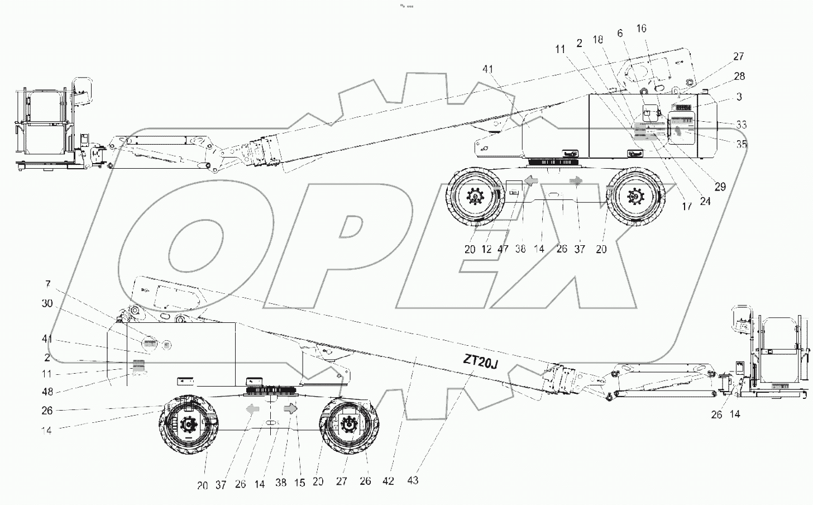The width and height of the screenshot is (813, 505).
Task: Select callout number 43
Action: click(x=413, y=480)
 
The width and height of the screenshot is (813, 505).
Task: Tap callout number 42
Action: click(x=389, y=480)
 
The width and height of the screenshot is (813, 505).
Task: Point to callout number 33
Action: click(x=741, y=125)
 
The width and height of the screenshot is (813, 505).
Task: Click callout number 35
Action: click(x=741, y=144)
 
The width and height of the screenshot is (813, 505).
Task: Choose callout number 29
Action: click(x=720, y=187)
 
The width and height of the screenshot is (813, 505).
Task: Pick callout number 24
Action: click(x=705, y=201)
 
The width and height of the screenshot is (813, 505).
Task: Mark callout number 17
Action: click(x=687, y=206)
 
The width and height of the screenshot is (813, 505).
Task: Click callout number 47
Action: click(x=503, y=249)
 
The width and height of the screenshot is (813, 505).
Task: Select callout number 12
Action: click(x=486, y=249)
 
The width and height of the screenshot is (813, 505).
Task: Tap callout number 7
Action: click(x=49, y=285)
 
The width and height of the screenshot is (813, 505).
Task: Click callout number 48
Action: click(x=47, y=392)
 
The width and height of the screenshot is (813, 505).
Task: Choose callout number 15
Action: click(x=300, y=483)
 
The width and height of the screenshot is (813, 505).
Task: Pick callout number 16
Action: click(x=641, y=28)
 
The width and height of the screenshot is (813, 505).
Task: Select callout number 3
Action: click(x=739, y=97)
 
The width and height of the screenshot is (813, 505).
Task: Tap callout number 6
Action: click(x=620, y=34)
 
